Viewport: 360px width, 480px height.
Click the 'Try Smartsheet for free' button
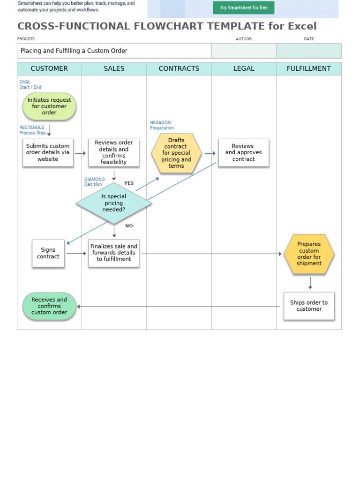point(243,7)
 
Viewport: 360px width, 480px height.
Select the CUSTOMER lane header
point(49,69)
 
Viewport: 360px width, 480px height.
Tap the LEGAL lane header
point(244,69)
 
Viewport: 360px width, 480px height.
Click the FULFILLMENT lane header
point(308,69)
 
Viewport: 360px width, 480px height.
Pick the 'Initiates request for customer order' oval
point(49,106)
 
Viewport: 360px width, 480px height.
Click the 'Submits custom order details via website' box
point(48,153)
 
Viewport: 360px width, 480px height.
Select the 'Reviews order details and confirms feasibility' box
point(114,153)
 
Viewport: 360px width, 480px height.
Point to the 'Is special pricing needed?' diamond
point(114,203)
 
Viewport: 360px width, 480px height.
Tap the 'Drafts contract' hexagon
point(176,153)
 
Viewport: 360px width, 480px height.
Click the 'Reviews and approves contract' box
point(244,153)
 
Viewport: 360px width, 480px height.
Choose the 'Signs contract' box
point(48,254)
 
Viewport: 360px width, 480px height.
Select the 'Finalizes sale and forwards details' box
point(114,253)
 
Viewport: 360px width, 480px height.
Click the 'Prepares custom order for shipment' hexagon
point(309,254)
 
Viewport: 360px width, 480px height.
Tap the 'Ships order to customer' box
point(309,306)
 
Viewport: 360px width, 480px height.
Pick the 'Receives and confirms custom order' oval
point(49,307)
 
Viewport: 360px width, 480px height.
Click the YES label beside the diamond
point(129,183)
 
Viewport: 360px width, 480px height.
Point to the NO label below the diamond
point(129,226)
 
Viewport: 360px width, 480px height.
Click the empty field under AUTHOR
point(244,51)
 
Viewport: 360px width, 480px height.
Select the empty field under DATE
point(308,51)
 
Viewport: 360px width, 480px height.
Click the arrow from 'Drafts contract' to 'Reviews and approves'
point(210,153)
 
